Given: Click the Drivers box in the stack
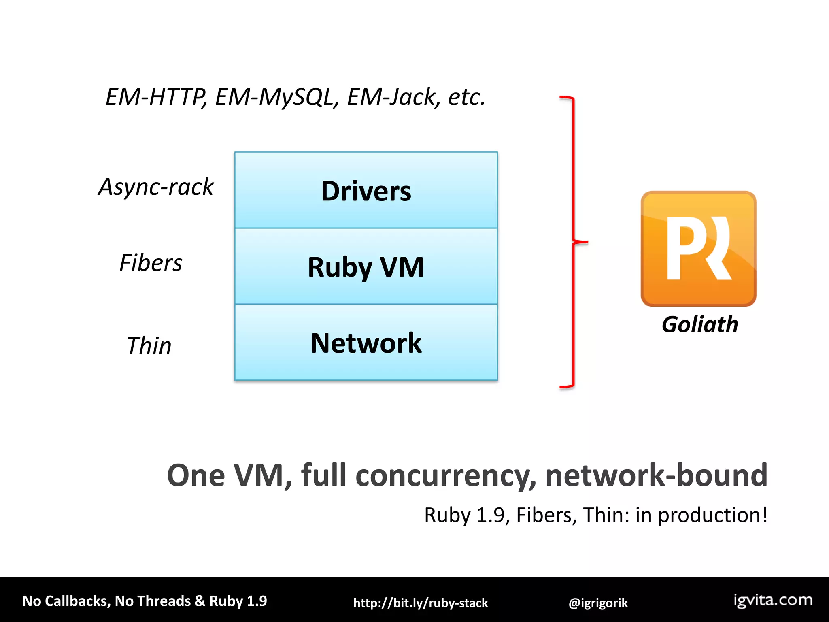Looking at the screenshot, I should (x=366, y=190).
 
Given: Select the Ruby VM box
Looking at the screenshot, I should (x=366, y=266).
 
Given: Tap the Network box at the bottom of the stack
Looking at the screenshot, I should (x=366, y=343).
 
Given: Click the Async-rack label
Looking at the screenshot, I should (x=156, y=187).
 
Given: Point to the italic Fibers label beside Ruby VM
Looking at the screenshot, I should (x=151, y=263).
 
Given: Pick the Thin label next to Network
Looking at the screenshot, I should (x=149, y=345).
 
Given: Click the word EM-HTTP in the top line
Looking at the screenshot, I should (x=156, y=97).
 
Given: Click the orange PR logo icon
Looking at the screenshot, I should (x=699, y=248).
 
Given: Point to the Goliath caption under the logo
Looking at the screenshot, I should (x=700, y=324).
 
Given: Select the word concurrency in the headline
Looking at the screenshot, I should (x=445, y=475).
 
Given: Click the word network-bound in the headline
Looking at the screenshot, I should (x=656, y=475).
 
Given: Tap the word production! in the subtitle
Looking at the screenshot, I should (x=712, y=515).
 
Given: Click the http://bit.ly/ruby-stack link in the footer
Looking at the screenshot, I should (x=421, y=603).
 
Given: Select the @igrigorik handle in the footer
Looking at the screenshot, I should (x=598, y=603).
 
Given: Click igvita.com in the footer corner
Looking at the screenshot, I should (x=773, y=600).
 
